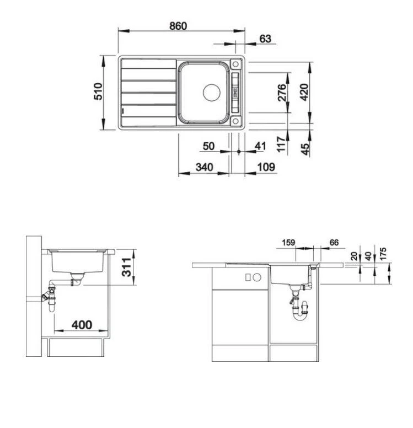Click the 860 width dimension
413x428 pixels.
click(x=178, y=26)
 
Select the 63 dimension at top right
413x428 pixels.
click(x=265, y=38)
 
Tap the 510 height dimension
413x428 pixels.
click(x=98, y=92)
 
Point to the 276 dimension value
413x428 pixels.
click(x=281, y=92)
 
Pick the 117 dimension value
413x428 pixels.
click(x=281, y=145)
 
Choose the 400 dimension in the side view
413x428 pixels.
click(x=82, y=325)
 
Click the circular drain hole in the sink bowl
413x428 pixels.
click(x=211, y=92)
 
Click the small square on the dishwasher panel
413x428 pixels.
click(x=248, y=277)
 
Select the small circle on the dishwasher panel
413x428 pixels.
click(x=257, y=277)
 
